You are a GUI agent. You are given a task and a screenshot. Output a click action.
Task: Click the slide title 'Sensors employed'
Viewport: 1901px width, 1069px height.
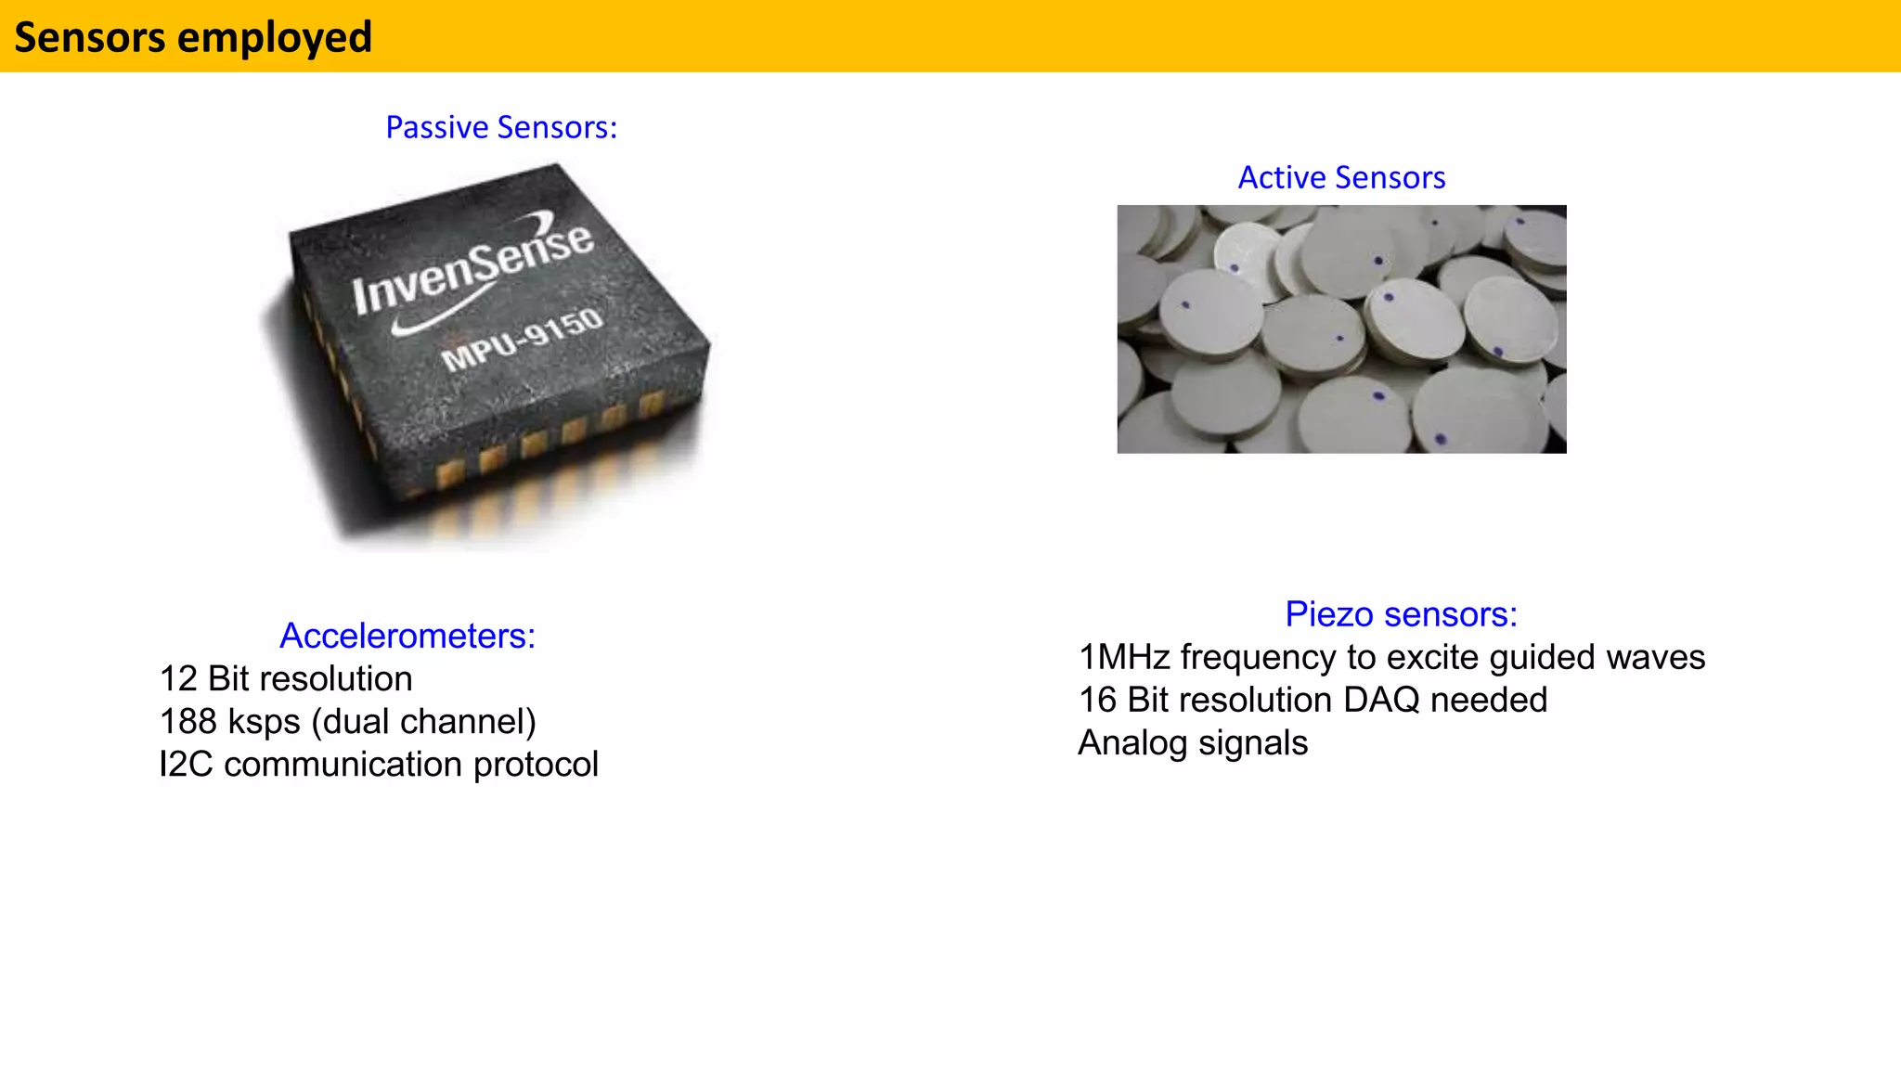[x=193, y=38]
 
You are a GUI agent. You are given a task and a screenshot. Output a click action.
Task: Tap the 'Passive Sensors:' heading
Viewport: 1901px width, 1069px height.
[x=501, y=127]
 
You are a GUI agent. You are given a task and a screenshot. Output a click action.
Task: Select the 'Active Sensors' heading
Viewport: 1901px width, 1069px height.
[x=1341, y=177]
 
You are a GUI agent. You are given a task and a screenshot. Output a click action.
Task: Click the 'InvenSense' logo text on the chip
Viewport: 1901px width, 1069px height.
[x=472, y=267]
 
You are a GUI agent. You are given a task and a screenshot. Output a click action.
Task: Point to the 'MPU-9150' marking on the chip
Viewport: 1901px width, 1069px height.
[x=523, y=341]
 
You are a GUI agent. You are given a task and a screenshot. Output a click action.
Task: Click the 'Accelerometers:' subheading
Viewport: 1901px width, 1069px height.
[x=407, y=636]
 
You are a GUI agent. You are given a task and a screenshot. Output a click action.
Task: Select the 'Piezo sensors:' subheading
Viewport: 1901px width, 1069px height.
[x=1401, y=614]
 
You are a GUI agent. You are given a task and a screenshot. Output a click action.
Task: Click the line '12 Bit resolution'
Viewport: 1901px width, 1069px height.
[x=286, y=678]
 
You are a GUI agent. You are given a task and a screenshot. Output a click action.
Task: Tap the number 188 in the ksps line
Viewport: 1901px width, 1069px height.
[x=188, y=721]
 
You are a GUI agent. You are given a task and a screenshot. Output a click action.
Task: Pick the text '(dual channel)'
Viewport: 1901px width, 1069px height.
[x=424, y=721]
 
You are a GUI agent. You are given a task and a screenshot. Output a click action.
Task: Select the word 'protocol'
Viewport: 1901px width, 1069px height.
[x=536, y=764]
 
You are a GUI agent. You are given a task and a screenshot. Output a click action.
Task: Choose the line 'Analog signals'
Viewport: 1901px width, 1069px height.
[x=1193, y=742]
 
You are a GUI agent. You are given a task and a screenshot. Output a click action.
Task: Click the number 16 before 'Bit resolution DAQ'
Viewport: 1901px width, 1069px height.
[x=1097, y=700]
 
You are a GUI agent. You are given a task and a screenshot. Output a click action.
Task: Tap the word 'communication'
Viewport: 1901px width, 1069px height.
[x=343, y=764]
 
